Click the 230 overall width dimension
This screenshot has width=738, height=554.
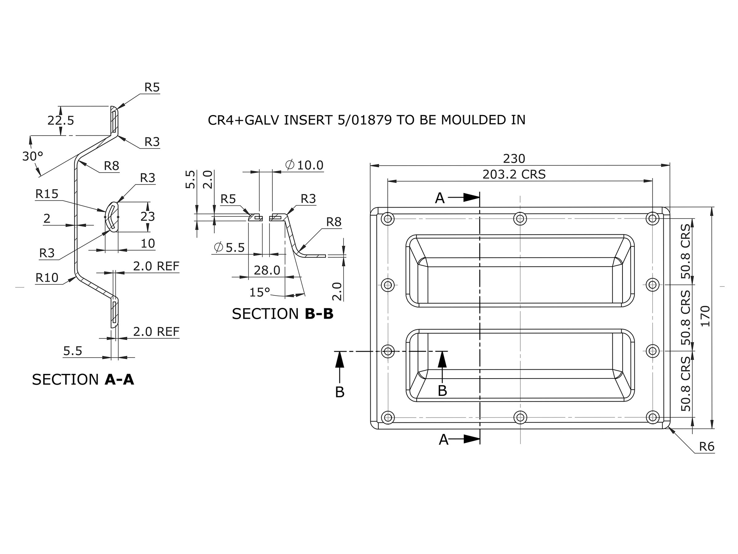tap(514, 159)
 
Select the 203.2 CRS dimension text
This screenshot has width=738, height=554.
tap(514, 174)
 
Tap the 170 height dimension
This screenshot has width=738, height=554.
tap(706, 316)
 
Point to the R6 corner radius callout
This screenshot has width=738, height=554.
tap(707, 446)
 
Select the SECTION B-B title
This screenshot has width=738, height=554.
tap(282, 314)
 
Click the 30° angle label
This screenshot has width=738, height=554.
tap(33, 156)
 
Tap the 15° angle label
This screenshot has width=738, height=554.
tap(260, 293)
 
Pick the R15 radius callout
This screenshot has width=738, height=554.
tap(47, 194)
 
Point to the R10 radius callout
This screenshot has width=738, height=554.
tap(47, 277)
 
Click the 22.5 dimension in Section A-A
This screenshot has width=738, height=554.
tap(60, 120)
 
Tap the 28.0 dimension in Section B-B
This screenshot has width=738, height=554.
tap(267, 270)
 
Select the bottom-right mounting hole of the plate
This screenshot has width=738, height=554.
tap(653, 417)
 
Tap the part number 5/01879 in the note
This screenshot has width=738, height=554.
tap(365, 120)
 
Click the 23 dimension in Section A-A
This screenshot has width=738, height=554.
tap(148, 217)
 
